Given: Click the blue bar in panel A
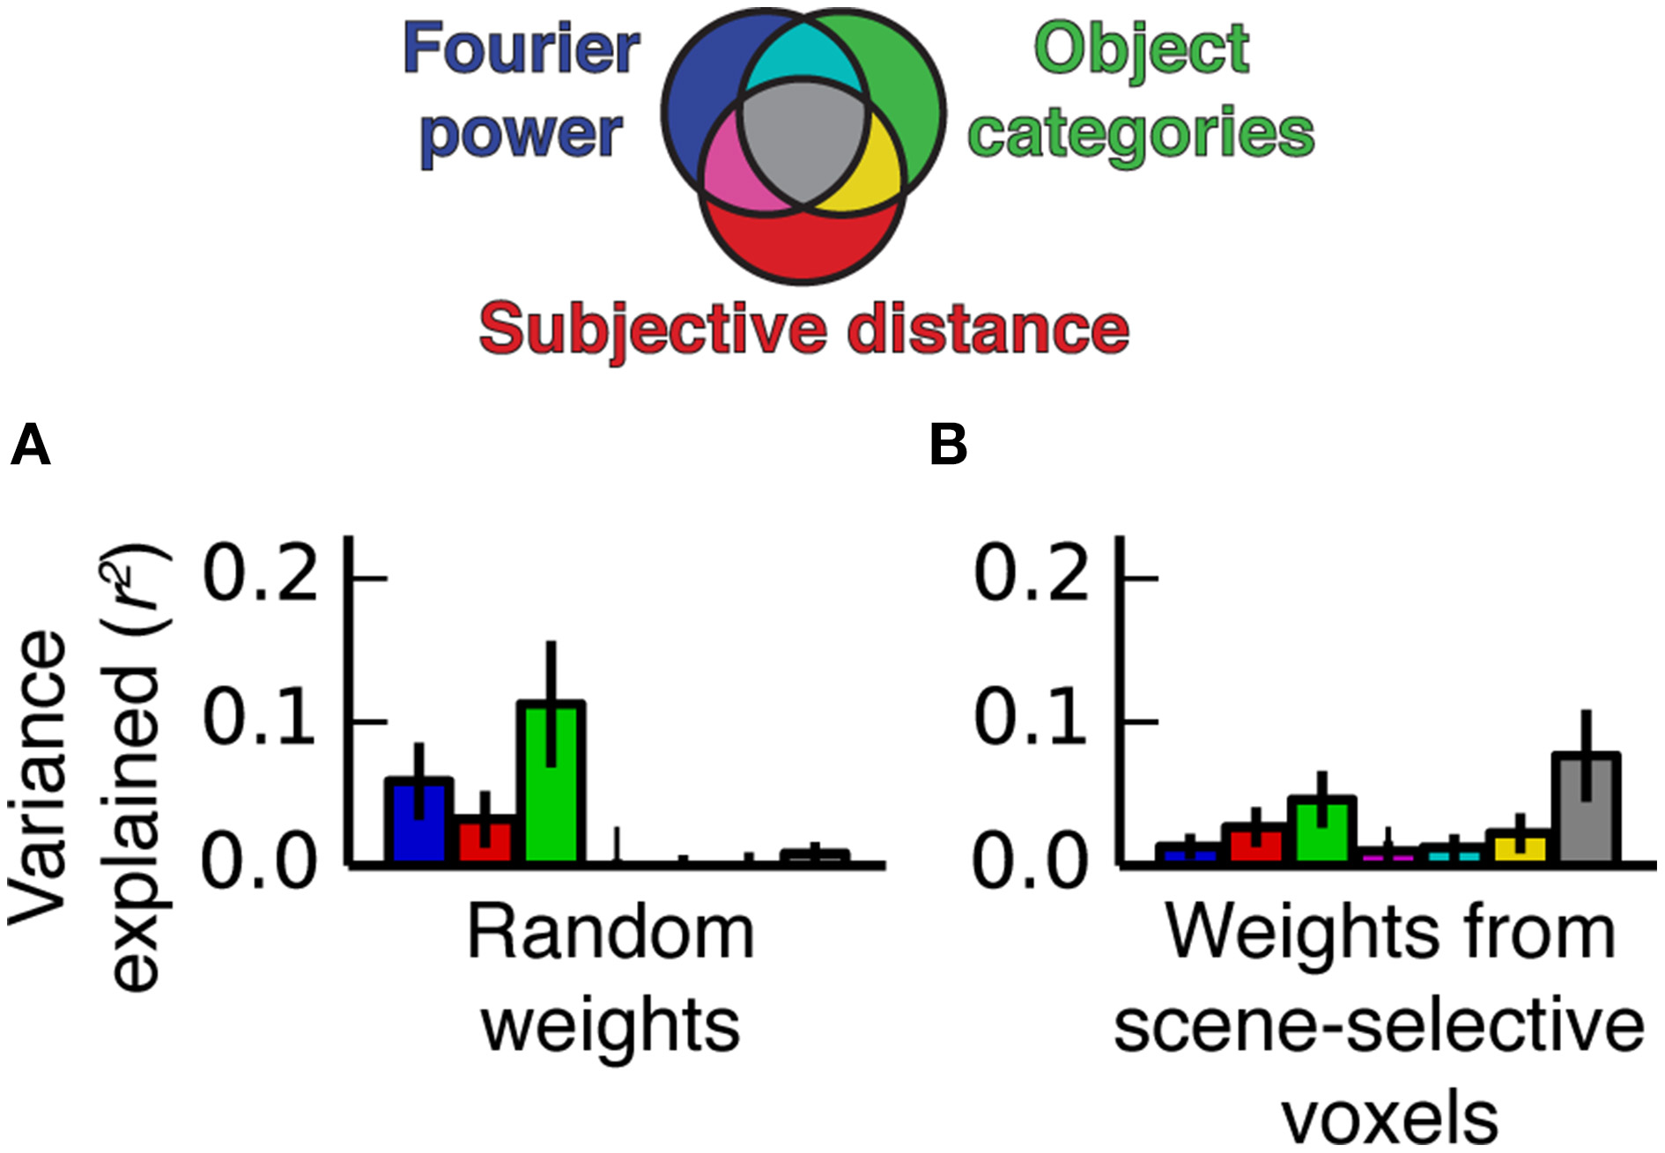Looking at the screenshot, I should click(418, 821).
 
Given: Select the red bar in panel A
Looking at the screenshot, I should click(485, 840).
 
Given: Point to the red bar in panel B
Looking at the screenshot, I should click(1256, 843).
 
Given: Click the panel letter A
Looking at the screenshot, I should click(31, 446).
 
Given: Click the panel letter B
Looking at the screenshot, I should click(948, 446).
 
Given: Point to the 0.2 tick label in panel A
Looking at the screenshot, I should click(259, 575).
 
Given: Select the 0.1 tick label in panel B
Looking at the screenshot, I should click(1030, 718).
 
